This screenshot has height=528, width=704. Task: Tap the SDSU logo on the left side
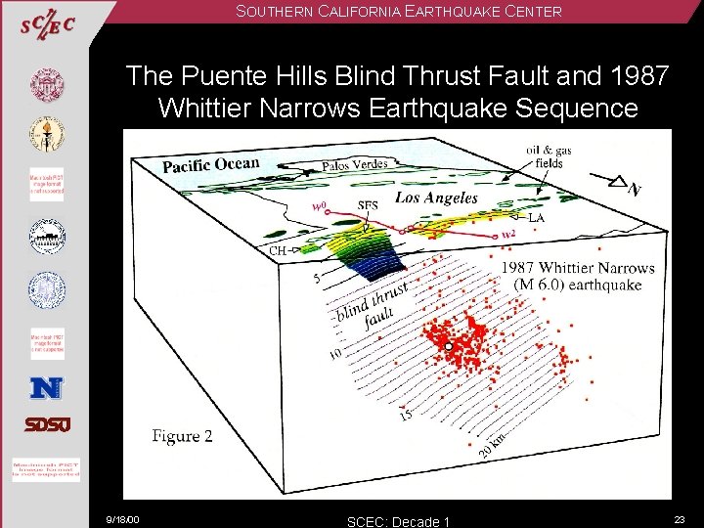[47, 424]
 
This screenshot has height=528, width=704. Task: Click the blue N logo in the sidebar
[46, 388]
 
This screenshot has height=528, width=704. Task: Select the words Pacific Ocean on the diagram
[211, 164]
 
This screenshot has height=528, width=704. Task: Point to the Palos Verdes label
[355, 164]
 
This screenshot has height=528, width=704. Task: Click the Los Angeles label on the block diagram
[436, 198]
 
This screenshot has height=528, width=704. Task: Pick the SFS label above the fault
[368, 205]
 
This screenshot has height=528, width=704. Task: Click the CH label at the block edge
[278, 250]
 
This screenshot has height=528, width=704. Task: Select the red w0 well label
[318, 205]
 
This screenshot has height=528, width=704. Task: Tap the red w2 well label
[507, 235]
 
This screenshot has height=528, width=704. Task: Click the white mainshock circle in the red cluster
[448, 346]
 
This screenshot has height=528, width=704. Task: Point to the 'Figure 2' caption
[182, 436]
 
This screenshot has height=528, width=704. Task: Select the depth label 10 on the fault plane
[334, 353]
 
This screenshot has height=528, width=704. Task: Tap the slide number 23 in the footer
[680, 518]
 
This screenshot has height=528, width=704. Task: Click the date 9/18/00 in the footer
[123, 519]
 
